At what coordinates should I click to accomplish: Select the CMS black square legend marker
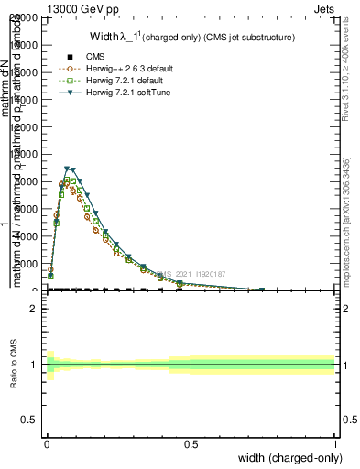click(x=69, y=57)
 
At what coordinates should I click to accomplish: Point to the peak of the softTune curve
click(x=68, y=169)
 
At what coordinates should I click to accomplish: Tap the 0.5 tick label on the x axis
click(x=191, y=443)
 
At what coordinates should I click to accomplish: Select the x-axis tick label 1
click(x=334, y=443)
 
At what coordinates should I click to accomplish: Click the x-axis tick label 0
click(x=47, y=443)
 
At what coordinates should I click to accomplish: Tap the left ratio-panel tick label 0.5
click(x=29, y=420)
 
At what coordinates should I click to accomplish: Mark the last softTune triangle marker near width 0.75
click(x=263, y=290)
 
